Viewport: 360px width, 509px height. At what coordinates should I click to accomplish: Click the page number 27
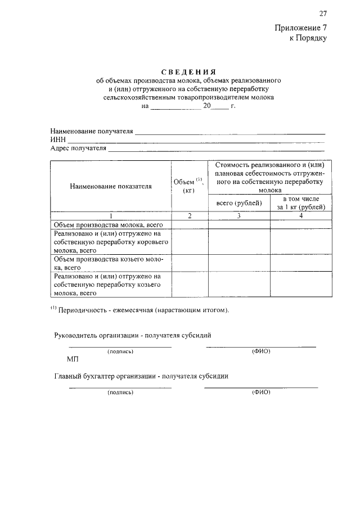click(x=322, y=13)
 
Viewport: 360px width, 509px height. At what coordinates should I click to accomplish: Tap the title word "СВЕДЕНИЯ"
click(x=188, y=72)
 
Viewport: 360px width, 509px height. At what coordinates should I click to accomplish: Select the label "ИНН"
click(x=58, y=140)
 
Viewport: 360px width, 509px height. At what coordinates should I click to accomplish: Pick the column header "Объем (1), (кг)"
click(x=189, y=186)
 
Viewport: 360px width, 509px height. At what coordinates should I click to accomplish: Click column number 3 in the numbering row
click(x=239, y=215)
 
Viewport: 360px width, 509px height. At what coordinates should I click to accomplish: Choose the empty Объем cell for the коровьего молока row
click(x=190, y=242)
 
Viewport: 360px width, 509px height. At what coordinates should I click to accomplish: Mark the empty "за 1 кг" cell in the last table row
click(x=301, y=284)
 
